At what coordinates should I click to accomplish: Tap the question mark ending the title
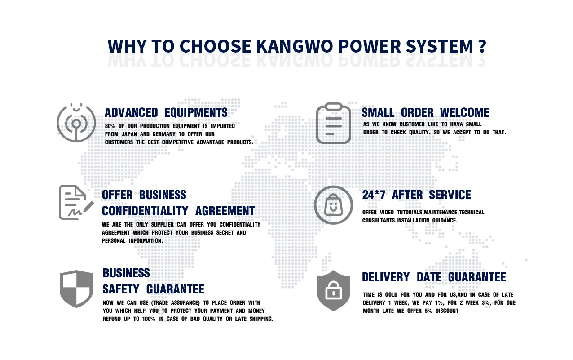point(482,46)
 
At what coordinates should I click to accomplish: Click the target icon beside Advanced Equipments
point(76,122)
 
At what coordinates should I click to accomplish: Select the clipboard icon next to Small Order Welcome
point(333,123)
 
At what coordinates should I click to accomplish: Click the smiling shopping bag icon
point(333,205)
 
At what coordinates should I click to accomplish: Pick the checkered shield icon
point(76,289)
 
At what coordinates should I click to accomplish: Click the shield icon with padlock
point(333,290)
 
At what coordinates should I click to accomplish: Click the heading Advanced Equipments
point(166,112)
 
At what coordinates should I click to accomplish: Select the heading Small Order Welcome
point(425,112)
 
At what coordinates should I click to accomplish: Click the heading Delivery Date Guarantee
point(433,277)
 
